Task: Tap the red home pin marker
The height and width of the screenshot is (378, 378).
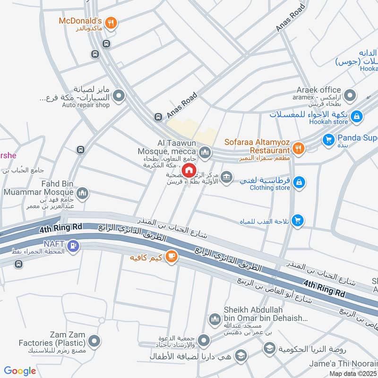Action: (x=189, y=170)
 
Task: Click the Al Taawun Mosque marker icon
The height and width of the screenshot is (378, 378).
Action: (x=204, y=152)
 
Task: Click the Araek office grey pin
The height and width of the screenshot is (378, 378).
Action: (x=350, y=96)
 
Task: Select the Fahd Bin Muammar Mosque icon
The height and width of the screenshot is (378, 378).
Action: (x=82, y=193)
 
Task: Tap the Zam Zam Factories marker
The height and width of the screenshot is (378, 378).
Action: (x=95, y=341)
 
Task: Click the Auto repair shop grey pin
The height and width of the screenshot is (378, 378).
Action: (x=119, y=96)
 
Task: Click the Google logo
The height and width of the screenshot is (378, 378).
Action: (x=20, y=371)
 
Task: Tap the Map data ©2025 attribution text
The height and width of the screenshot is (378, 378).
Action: (x=352, y=373)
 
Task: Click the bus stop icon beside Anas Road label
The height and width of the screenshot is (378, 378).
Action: (x=158, y=117)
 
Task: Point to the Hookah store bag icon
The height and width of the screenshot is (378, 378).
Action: (x=357, y=115)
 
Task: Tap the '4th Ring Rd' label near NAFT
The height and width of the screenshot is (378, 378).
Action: (x=61, y=228)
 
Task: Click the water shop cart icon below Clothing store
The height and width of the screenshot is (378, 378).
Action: (x=297, y=220)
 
